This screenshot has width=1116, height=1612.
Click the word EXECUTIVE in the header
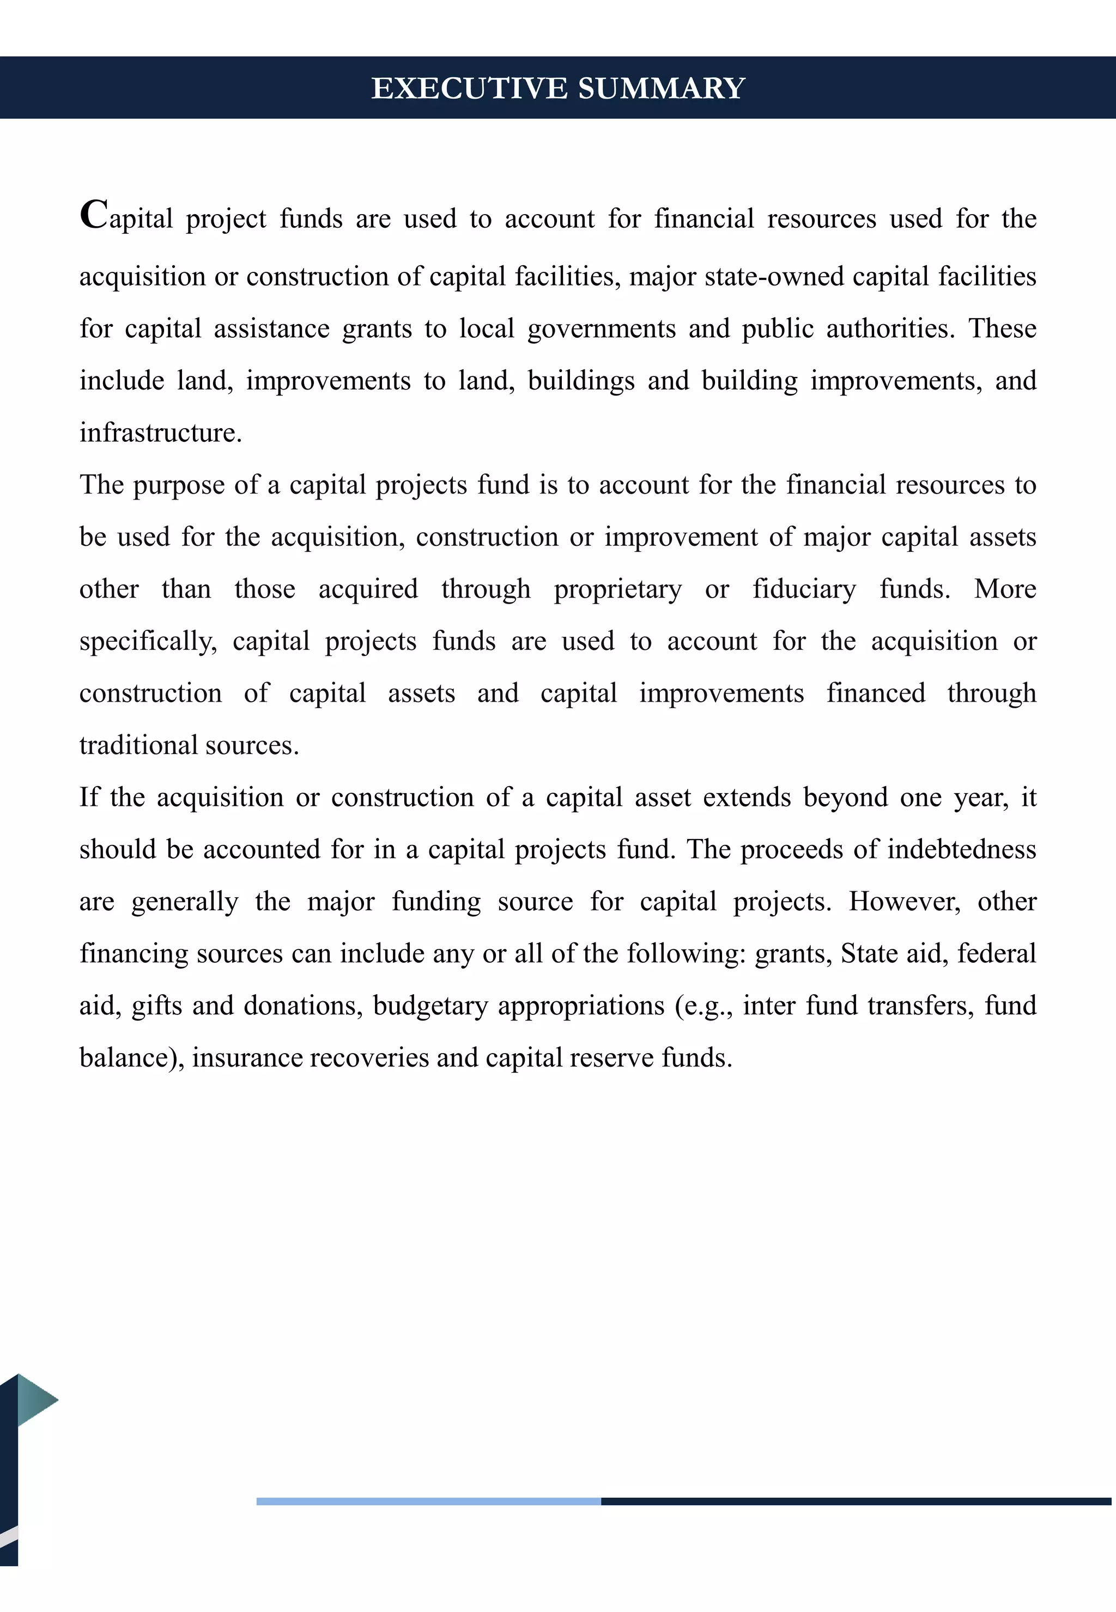469,88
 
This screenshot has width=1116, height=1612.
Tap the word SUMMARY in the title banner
662,88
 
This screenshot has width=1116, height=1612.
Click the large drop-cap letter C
94,214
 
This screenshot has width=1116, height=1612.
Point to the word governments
602,329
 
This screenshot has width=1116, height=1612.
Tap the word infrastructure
160,433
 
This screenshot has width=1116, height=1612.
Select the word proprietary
617,590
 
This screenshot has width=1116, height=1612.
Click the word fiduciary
804,589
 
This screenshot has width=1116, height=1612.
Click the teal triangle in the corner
34,1398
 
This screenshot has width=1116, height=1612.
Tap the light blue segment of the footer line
428,1501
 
